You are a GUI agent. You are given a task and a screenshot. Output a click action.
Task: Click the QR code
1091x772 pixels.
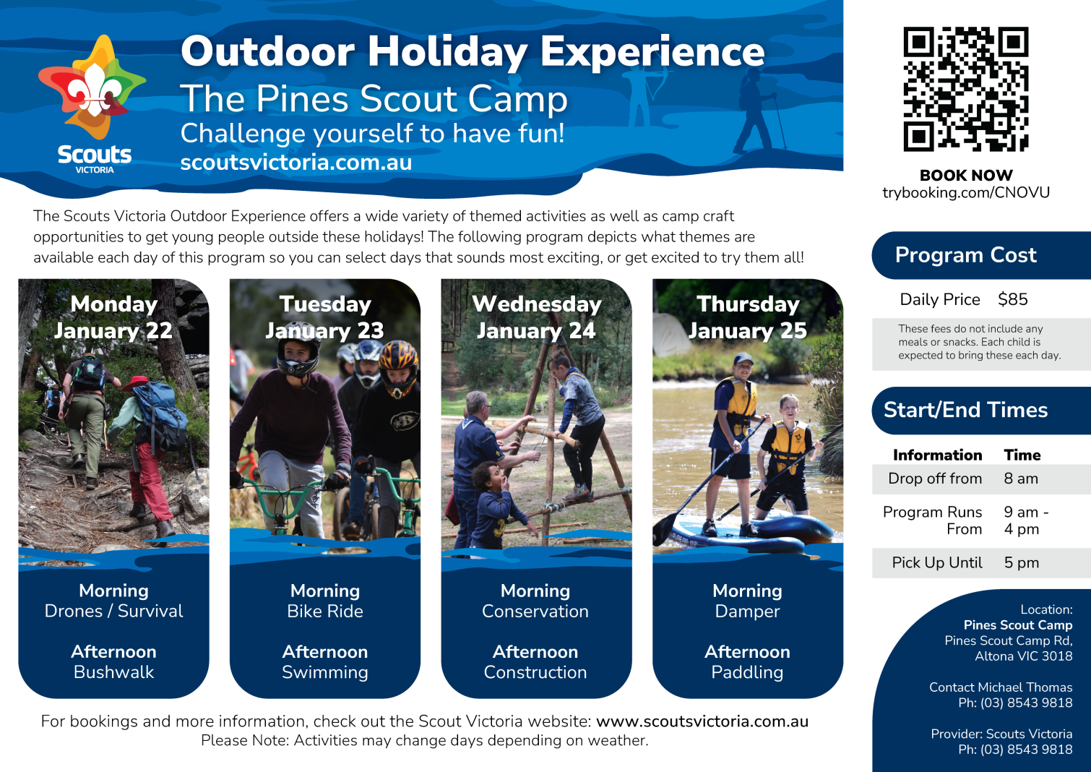pos(966,89)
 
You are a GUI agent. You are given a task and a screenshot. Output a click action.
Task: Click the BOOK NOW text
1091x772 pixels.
pos(966,175)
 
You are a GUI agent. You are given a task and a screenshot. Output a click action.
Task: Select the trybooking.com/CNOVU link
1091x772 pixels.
pos(966,192)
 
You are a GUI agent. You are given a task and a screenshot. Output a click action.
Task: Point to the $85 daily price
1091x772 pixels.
pos(1012,299)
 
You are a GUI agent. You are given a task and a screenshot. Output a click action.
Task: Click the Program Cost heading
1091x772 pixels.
pos(966,255)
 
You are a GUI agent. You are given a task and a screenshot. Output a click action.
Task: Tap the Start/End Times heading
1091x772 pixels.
pos(966,410)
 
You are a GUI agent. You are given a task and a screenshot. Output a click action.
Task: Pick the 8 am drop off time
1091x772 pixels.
pos(1021,479)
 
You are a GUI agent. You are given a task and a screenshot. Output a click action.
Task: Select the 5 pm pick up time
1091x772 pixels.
pos(1022,563)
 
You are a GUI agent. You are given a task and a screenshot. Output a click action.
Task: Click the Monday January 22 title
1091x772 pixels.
pos(113,317)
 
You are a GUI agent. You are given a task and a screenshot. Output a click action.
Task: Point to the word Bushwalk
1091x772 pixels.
pos(114,672)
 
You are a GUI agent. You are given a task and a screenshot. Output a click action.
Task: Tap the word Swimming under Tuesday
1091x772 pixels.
pos(325,672)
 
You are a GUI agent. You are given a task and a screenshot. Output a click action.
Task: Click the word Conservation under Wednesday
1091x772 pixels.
pos(535,612)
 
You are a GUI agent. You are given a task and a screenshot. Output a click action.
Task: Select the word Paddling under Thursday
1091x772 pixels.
pos(747,672)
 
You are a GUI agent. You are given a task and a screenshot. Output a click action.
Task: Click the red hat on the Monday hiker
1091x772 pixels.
pos(135,383)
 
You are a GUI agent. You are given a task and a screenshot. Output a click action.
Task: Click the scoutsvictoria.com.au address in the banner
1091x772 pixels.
pos(296,163)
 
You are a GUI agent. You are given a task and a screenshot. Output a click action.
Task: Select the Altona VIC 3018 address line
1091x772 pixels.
pos(1023,656)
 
